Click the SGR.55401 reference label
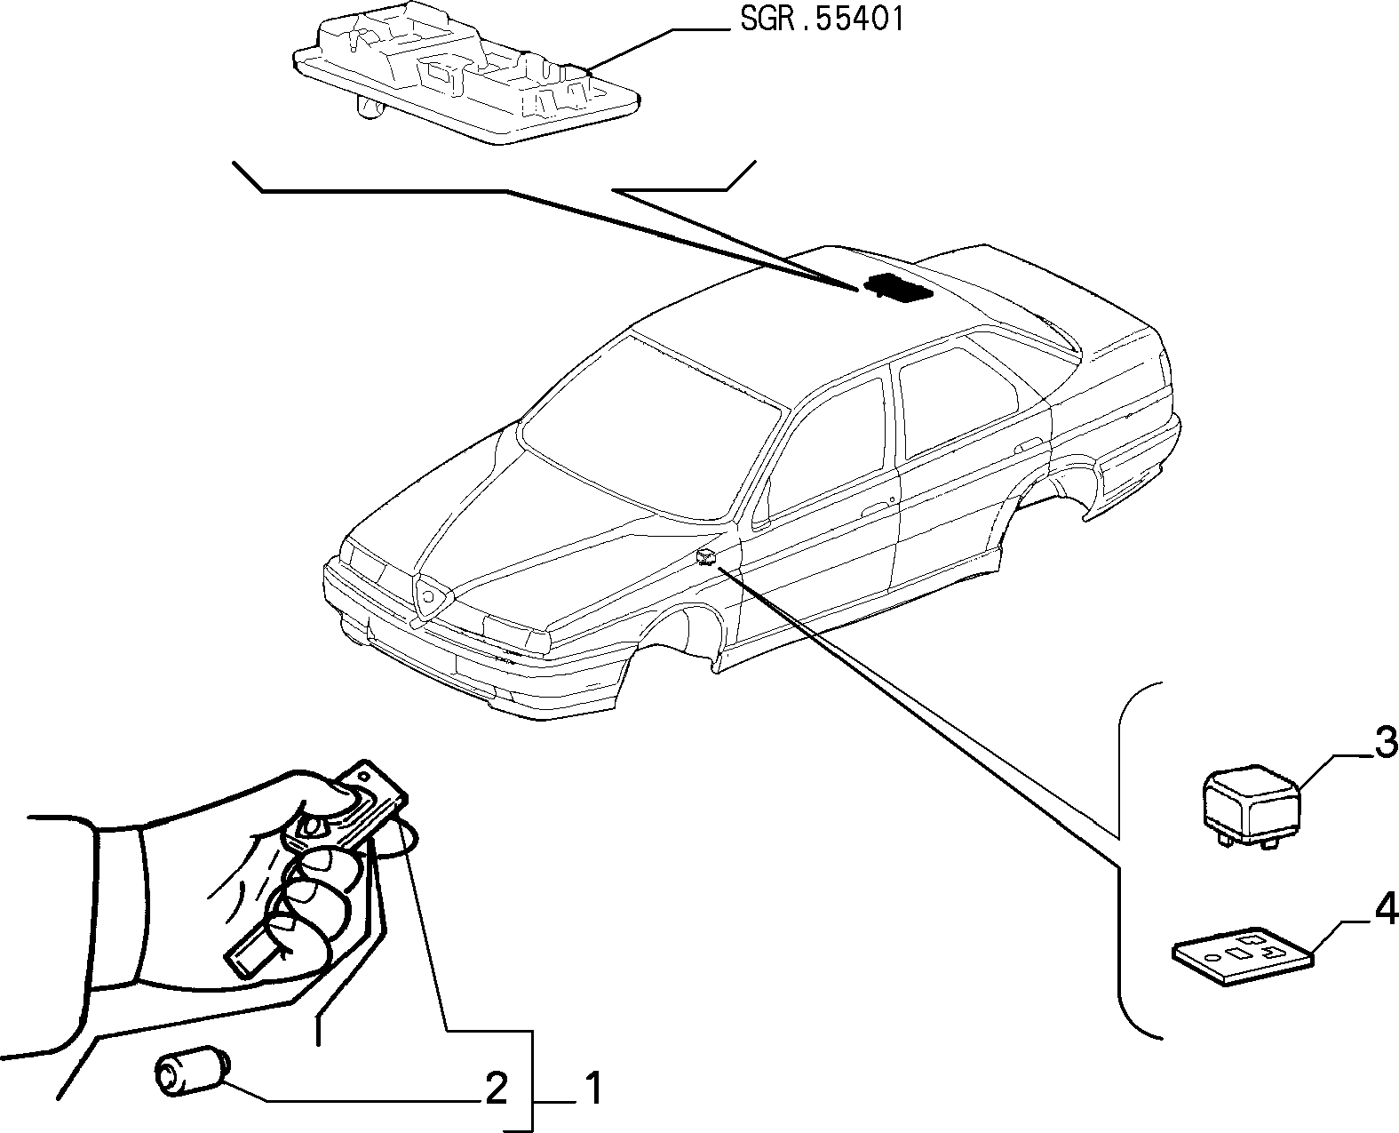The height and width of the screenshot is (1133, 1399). [822, 20]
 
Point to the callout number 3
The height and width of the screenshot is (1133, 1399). [1385, 743]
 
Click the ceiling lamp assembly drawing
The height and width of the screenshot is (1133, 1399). [466, 72]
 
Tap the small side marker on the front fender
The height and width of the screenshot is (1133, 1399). [706, 556]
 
